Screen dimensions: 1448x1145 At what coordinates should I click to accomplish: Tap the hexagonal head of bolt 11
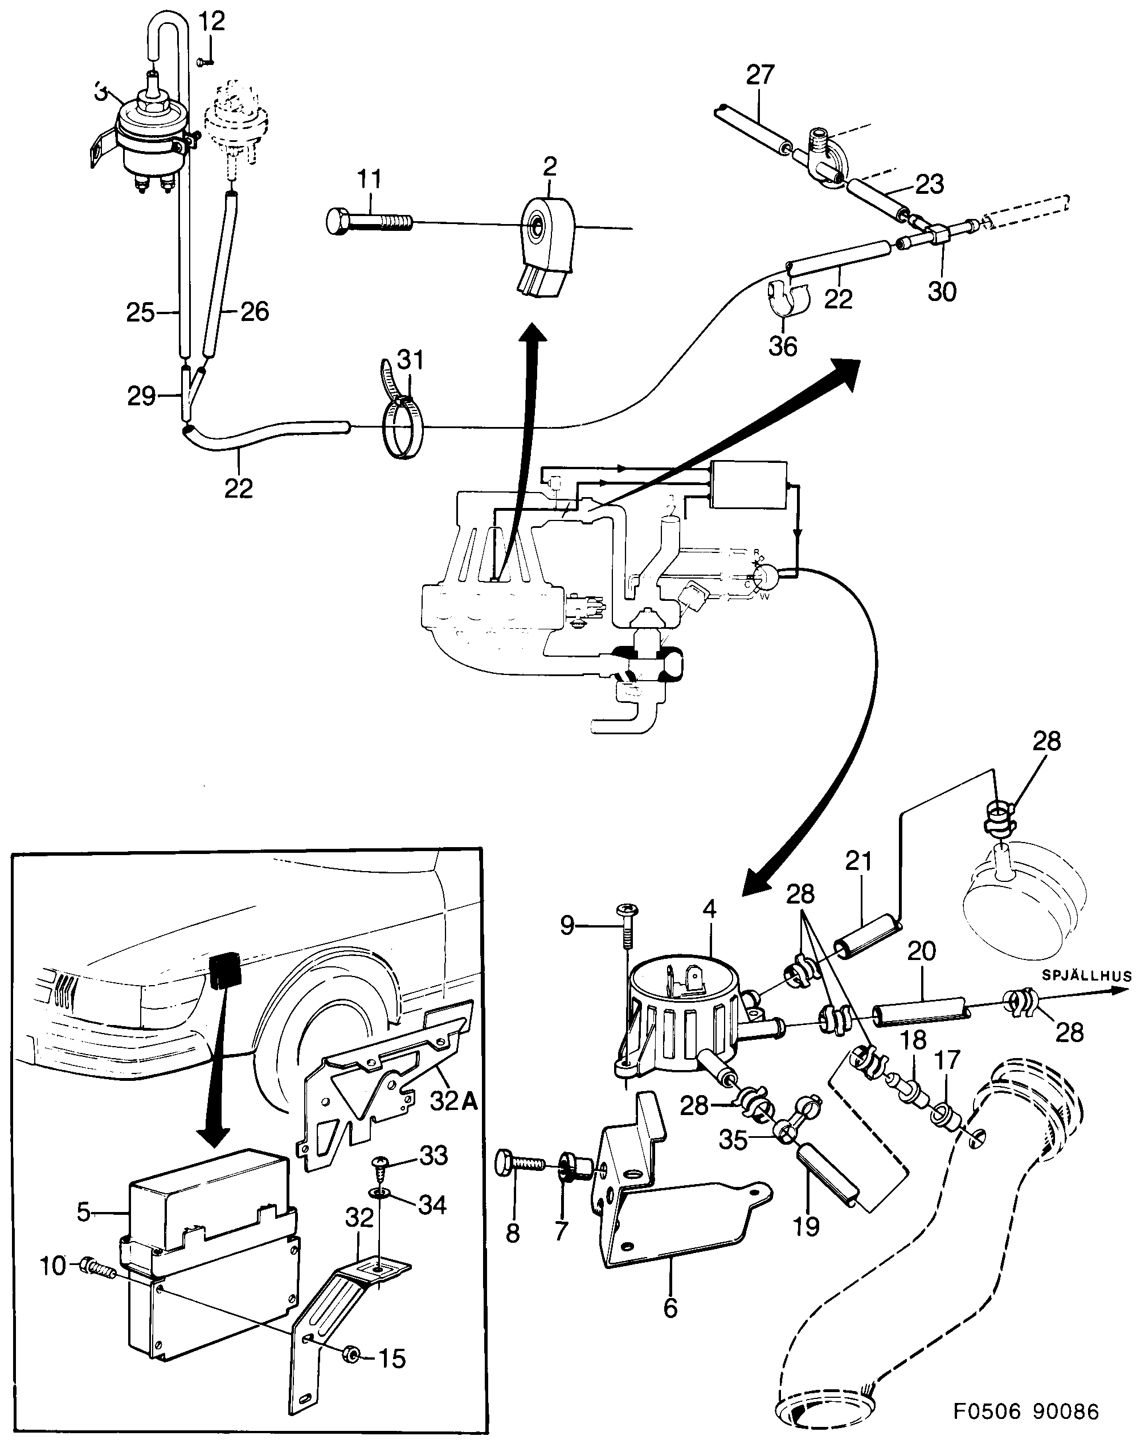click(337, 221)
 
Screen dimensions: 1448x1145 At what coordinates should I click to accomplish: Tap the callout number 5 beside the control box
click(83, 1211)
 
